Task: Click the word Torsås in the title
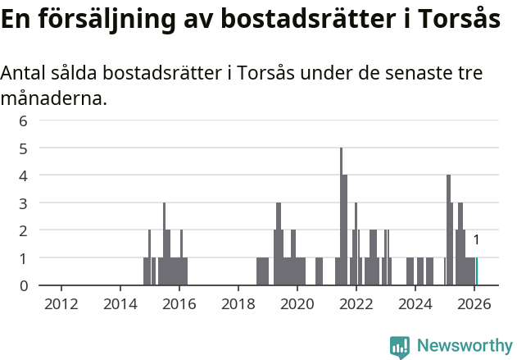click(x=460, y=20)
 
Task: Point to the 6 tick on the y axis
click(x=24, y=121)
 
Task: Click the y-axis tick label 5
click(x=24, y=148)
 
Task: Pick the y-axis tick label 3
click(x=24, y=203)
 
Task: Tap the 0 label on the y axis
click(x=24, y=285)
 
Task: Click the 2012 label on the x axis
click(x=61, y=304)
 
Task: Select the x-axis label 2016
click(x=179, y=304)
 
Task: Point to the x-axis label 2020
click(x=297, y=304)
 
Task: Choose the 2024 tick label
click(x=415, y=304)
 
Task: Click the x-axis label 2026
click(x=474, y=304)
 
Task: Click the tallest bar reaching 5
click(x=342, y=217)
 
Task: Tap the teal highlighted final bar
click(x=477, y=271)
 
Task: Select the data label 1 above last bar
click(x=476, y=240)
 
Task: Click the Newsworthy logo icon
click(x=400, y=346)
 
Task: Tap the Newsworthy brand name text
click(x=464, y=346)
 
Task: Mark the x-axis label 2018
click(x=238, y=304)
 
